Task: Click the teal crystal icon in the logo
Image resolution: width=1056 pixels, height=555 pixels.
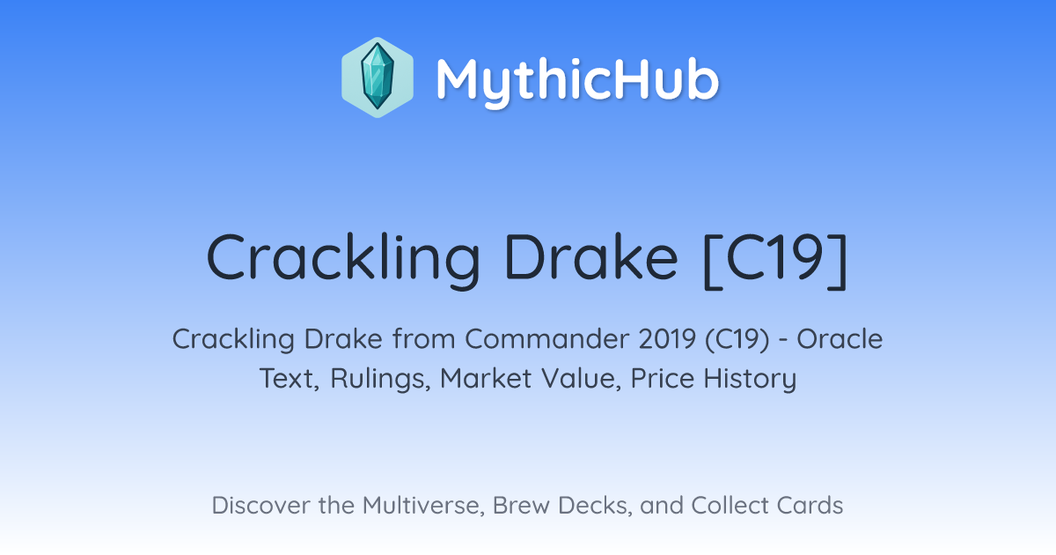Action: [x=378, y=78]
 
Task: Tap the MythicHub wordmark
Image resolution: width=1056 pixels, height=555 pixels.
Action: [x=577, y=81]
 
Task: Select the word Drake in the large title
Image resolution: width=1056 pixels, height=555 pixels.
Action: [x=591, y=257]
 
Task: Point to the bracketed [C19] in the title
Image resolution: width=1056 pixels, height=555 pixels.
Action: [x=775, y=260]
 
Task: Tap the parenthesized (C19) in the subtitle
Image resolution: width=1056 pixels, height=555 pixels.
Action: [x=737, y=340]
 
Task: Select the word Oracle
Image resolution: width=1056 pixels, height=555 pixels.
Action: [x=840, y=339]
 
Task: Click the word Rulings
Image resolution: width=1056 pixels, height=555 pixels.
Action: [x=380, y=379]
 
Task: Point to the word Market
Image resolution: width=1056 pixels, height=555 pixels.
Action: [x=486, y=379]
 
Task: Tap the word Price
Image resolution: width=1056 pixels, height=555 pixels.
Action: [x=663, y=379]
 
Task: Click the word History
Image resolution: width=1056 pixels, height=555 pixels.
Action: [x=750, y=380]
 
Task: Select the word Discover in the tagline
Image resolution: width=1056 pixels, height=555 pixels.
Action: [x=260, y=506]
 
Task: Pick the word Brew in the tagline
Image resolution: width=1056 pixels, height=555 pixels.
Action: [x=521, y=506]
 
